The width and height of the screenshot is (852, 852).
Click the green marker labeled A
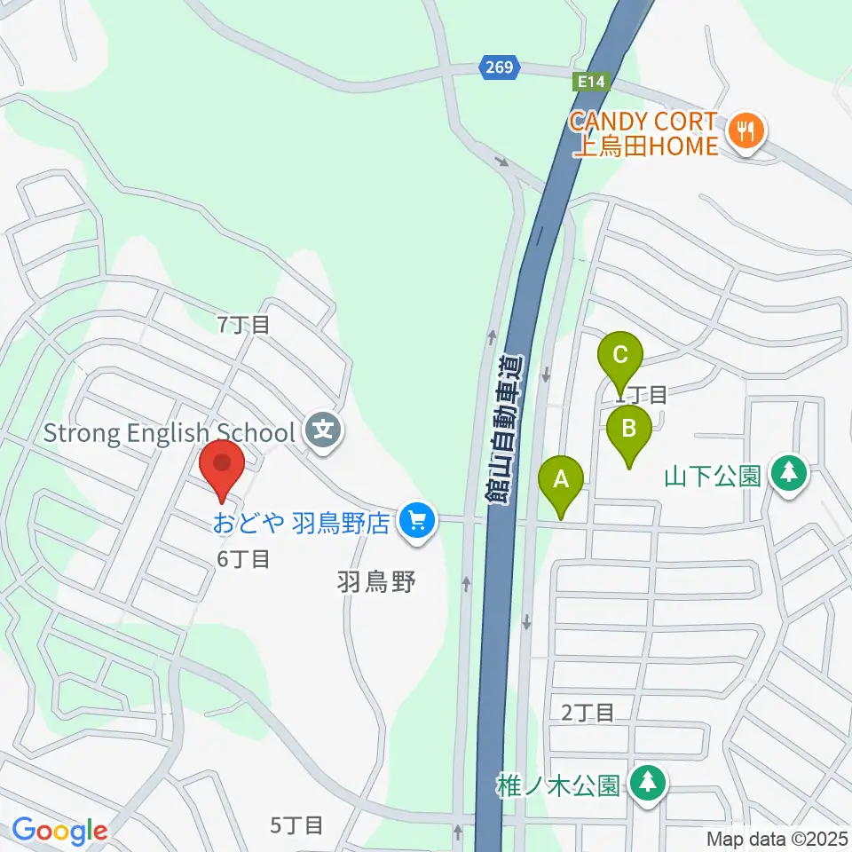(x=561, y=481)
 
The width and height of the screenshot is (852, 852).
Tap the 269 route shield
(x=500, y=67)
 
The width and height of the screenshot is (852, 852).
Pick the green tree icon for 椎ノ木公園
(x=648, y=784)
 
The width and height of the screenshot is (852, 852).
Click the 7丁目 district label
(x=243, y=325)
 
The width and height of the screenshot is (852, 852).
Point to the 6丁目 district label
(x=243, y=559)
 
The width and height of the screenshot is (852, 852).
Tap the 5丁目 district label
(x=296, y=826)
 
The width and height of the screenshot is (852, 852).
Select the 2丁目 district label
(x=588, y=712)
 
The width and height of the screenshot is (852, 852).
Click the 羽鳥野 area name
(x=376, y=582)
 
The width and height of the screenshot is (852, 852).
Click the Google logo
(x=59, y=831)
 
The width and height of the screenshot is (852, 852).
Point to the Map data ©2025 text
(x=777, y=839)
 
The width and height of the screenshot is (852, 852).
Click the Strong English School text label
(x=169, y=433)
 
